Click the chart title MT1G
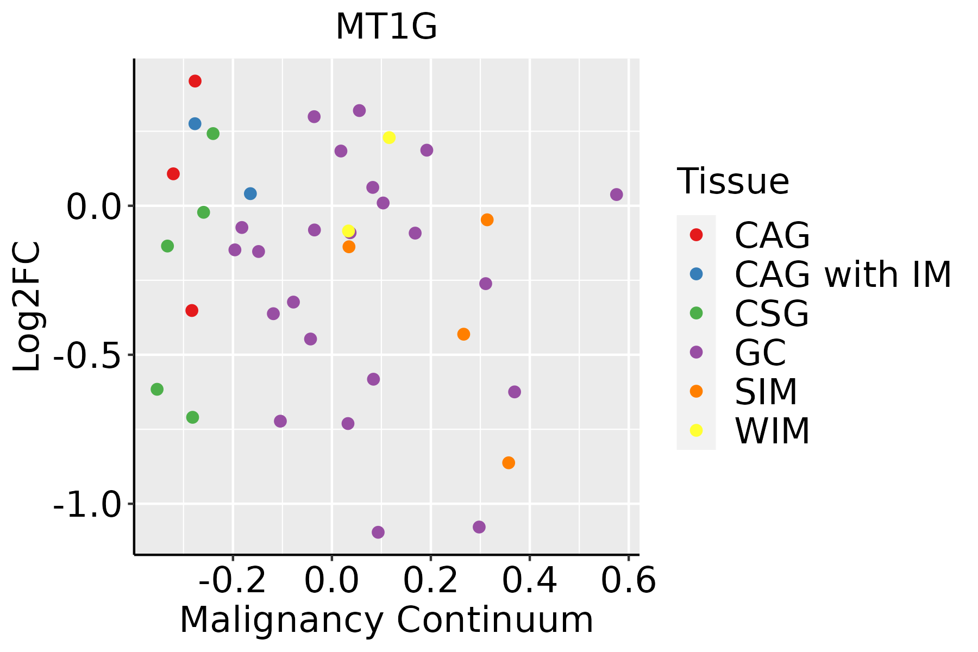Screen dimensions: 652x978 coord(386,27)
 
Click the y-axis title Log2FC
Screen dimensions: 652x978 coord(27,307)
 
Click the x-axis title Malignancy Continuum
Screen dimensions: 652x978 coord(386,620)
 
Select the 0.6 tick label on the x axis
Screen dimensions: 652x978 coord(628,581)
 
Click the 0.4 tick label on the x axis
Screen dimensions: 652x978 coord(529,581)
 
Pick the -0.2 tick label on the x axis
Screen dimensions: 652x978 coord(233,581)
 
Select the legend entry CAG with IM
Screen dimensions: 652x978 coord(843,274)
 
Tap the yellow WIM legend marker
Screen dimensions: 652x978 coord(696,430)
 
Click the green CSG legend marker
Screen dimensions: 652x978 coord(696,313)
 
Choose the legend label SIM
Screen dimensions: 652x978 coord(766,392)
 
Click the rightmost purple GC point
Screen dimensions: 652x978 coord(616,195)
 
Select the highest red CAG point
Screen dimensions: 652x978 coord(195,81)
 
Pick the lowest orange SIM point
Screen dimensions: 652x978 coord(509,463)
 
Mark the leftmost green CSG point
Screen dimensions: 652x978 coord(157,389)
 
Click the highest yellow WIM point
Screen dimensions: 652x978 coord(389,137)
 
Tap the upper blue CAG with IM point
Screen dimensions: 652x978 coord(195,124)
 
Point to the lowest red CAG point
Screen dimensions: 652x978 coord(192,310)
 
